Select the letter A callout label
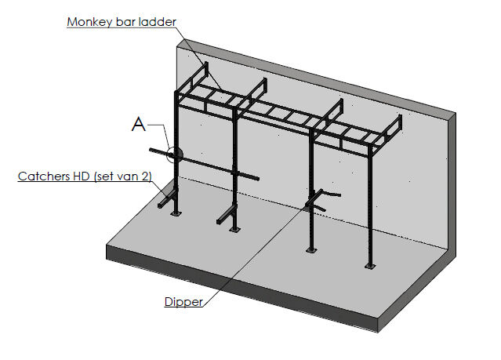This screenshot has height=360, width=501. click(139, 124)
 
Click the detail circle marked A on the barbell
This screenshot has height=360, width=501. click(174, 153)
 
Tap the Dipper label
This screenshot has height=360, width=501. click(183, 301)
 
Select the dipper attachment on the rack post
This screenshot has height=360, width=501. click(322, 198)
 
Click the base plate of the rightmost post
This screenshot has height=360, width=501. click(369, 266)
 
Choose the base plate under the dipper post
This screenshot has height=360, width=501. click(312, 250)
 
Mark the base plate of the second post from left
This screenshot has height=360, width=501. click(234, 229)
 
